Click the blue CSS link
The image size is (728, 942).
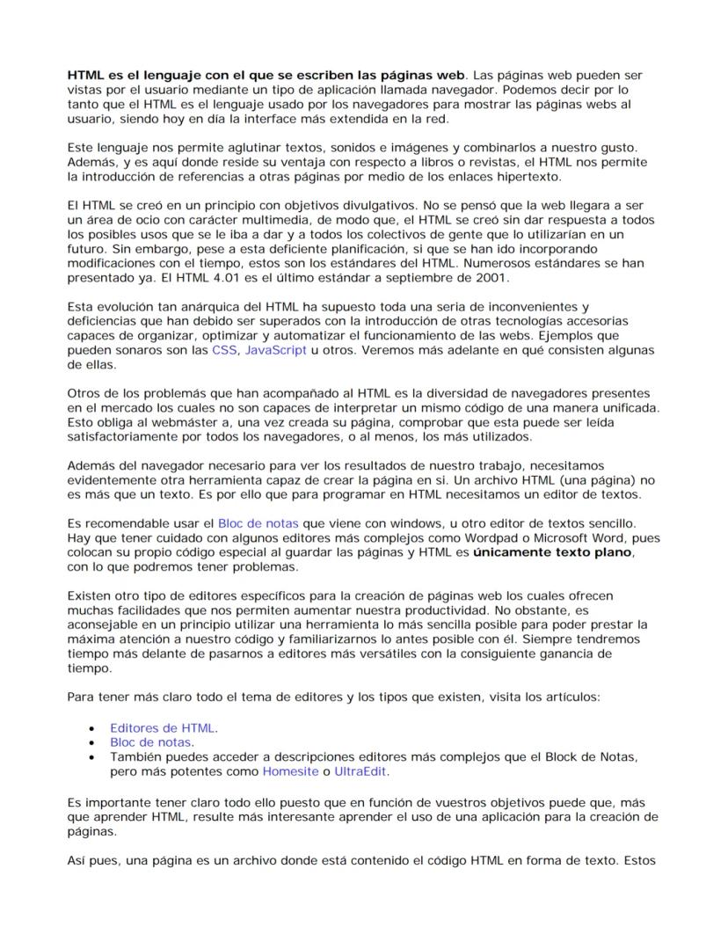pyautogui.click(x=224, y=350)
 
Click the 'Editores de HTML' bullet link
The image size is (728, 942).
pyautogui.click(x=164, y=727)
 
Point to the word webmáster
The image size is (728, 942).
pyautogui.click(x=157, y=422)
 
